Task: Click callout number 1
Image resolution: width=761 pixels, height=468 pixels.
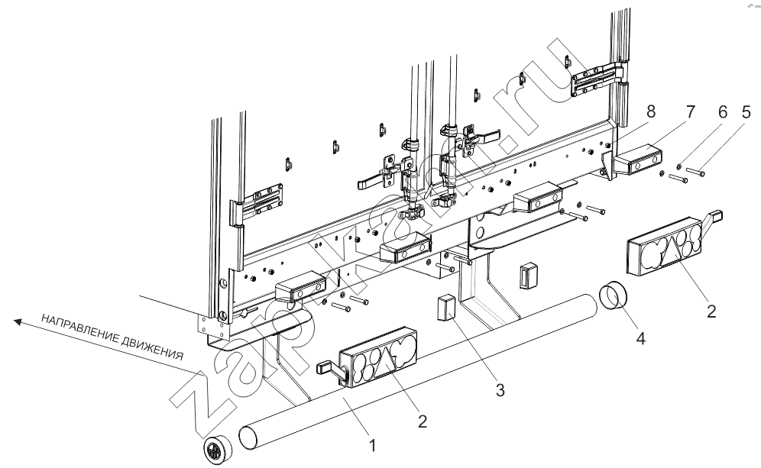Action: click(372, 445)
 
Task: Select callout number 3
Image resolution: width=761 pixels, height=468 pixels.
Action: click(500, 389)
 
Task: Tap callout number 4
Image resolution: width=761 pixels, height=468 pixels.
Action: click(640, 338)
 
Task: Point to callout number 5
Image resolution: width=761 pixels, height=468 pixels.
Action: click(746, 112)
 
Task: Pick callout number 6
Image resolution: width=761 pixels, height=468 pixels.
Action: click(723, 112)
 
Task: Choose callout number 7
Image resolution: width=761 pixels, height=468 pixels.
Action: click(691, 112)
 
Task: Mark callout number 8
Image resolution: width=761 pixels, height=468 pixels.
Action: click(651, 111)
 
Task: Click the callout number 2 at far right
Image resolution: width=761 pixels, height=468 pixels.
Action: click(711, 311)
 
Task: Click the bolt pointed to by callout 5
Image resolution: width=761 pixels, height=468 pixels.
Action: click(696, 171)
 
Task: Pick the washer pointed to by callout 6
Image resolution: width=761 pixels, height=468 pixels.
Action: click(679, 167)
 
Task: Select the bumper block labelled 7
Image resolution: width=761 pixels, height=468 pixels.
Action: click(637, 160)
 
